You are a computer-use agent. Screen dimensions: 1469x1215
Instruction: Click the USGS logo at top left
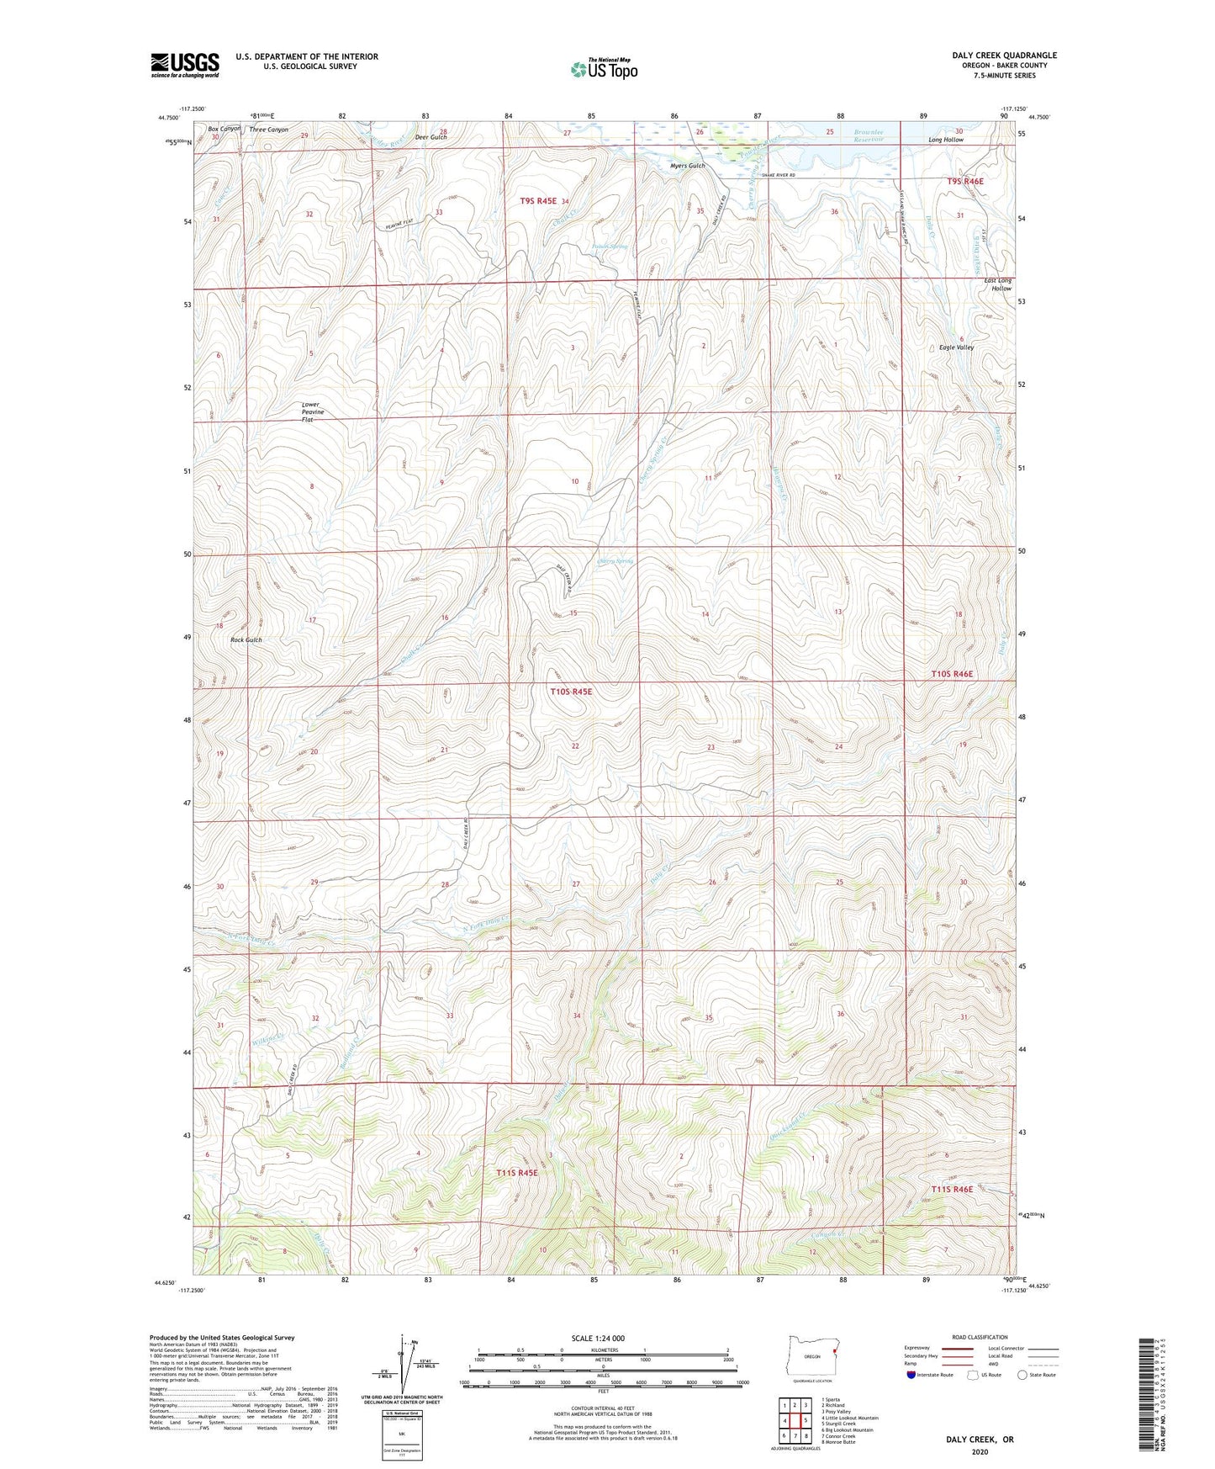(184, 65)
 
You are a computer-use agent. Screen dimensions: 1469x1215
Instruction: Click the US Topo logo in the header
(603, 69)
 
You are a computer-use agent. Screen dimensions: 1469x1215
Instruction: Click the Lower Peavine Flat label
(313, 411)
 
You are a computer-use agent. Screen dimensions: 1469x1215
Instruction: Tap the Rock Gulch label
(246, 640)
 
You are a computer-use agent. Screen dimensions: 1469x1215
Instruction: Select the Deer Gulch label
(431, 137)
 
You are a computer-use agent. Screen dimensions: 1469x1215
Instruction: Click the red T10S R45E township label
(571, 692)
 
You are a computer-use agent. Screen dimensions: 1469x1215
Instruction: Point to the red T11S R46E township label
(952, 1189)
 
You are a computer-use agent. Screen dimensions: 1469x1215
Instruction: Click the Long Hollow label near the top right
(945, 140)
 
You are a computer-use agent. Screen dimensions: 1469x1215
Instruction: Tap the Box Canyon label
(224, 129)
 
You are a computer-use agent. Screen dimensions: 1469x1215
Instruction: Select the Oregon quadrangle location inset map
(812, 1355)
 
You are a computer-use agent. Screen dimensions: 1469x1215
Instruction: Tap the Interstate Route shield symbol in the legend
(911, 1375)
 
